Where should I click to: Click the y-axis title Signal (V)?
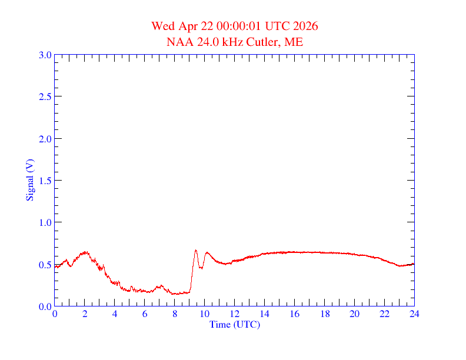[29, 180]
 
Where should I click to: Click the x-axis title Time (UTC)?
[235, 324]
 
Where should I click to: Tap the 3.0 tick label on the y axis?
[45, 55]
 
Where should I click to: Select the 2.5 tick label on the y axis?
[45, 97]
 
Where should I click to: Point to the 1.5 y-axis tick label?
[45, 181]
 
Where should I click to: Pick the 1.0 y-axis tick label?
[45, 223]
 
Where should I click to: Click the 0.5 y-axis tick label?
[45, 265]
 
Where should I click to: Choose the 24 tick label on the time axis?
[414, 314]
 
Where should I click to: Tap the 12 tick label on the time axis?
[235, 314]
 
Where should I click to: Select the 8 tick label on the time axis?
[175, 314]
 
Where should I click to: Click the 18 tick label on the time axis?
[325, 314]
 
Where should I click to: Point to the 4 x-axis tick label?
[115, 314]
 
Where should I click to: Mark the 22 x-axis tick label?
[384, 314]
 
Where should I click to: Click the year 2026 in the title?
[305, 26]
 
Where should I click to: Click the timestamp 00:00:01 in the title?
[239, 26]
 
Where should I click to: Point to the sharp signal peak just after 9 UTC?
[196, 250]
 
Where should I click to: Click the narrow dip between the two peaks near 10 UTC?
[201, 268]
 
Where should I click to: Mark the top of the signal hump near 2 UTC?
[86, 252]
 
